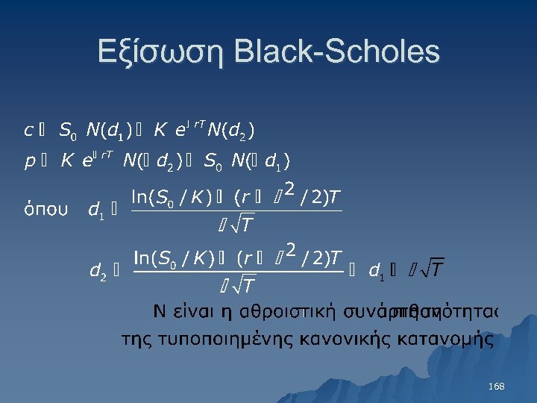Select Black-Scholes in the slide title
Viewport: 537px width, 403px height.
click(336, 52)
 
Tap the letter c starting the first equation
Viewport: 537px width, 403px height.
click(28, 131)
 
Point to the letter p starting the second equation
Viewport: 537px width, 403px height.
click(29, 162)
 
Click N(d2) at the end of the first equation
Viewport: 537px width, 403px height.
click(232, 131)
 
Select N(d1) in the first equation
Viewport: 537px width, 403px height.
click(109, 131)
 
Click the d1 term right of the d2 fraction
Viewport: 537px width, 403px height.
click(377, 271)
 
